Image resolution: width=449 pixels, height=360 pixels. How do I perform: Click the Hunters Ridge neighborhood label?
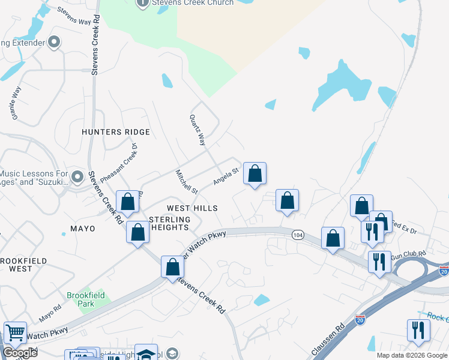(116, 131)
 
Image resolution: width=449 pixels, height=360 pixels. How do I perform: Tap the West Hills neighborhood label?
(191, 208)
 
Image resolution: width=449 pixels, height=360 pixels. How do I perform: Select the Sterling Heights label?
(169, 223)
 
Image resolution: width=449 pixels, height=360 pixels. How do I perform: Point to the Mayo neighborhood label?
(83, 229)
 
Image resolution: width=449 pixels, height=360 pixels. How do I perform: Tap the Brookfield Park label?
(85, 299)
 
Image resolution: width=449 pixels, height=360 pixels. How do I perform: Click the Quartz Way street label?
(198, 130)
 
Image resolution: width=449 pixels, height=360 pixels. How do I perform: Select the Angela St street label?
(227, 175)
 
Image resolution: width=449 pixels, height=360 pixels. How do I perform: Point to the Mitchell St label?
(186, 182)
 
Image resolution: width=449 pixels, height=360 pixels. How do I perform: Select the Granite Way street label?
(16, 102)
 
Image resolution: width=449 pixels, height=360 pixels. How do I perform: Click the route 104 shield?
(298, 235)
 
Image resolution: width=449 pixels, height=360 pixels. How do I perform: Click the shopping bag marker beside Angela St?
(255, 174)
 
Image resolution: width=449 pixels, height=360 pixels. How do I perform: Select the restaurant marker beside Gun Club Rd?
(379, 262)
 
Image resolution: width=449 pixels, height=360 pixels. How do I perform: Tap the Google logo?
(20, 353)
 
